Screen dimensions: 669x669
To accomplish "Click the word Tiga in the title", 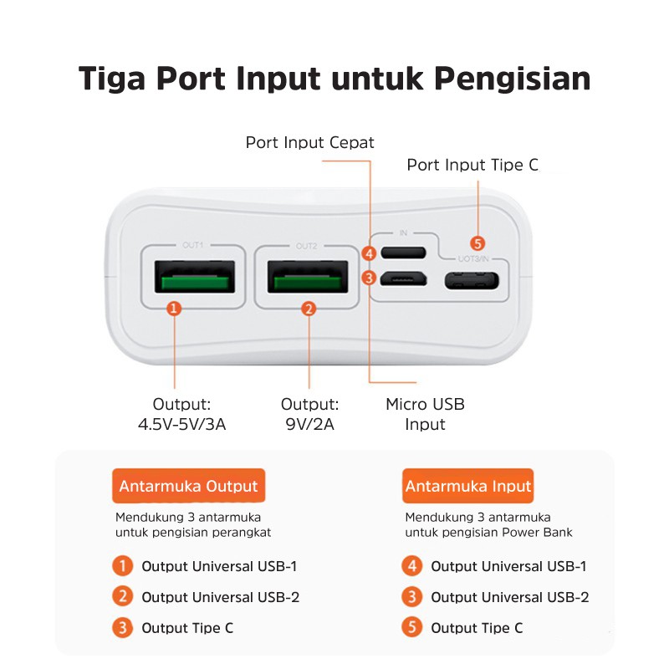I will pyautogui.click(x=112, y=78).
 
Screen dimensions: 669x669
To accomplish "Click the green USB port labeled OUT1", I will pyautogui.click(x=192, y=276).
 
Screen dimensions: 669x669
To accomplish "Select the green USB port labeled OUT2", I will pyautogui.click(x=307, y=276).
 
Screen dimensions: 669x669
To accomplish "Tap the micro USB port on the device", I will pyautogui.click(x=404, y=278).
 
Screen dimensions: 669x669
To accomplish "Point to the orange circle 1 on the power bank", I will pyautogui.click(x=174, y=309).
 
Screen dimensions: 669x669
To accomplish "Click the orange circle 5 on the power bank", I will pyautogui.click(x=477, y=243).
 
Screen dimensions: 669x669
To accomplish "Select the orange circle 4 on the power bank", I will pyautogui.click(x=369, y=253).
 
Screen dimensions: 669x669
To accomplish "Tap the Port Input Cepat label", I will pyautogui.click(x=309, y=142).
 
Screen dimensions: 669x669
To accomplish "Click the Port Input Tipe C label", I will pyautogui.click(x=472, y=165).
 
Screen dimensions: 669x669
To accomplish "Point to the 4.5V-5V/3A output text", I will pyautogui.click(x=181, y=425).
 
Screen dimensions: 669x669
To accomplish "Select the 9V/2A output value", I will pyautogui.click(x=309, y=425).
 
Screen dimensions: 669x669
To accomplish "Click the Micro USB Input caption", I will pyautogui.click(x=425, y=414).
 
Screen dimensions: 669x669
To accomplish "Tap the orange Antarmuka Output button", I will pyautogui.click(x=188, y=486).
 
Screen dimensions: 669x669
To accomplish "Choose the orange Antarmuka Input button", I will pyautogui.click(x=468, y=486).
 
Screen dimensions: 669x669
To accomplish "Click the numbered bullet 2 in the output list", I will pyautogui.click(x=123, y=597).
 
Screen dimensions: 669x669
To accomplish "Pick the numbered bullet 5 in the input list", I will pyautogui.click(x=411, y=628).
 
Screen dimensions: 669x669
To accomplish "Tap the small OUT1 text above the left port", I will pyautogui.click(x=193, y=246).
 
